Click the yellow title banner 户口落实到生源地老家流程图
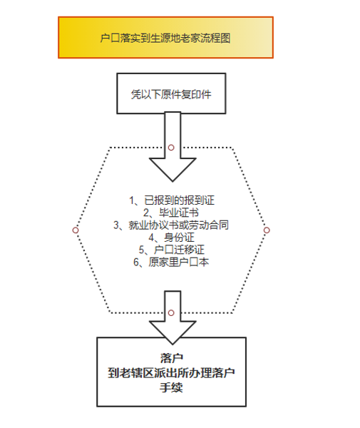[x=165, y=37]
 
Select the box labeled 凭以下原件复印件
[x=171, y=93]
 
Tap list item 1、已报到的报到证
[x=172, y=200]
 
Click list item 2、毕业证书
[x=171, y=213]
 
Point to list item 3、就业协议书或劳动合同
[x=171, y=225]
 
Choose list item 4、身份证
[x=171, y=238]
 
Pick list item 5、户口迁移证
[x=171, y=250]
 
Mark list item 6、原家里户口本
[x=171, y=262]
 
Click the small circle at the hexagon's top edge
[x=171, y=148]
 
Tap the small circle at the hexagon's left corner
[x=76, y=230]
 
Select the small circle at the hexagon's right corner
[x=267, y=230]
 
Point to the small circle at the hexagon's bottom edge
[x=171, y=313]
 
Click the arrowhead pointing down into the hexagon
[x=173, y=169]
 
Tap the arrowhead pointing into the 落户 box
[x=173, y=332]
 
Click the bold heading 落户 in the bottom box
[x=172, y=358]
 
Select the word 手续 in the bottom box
[x=171, y=387]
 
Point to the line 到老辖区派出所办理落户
[x=171, y=372]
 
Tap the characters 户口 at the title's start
[x=110, y=38]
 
